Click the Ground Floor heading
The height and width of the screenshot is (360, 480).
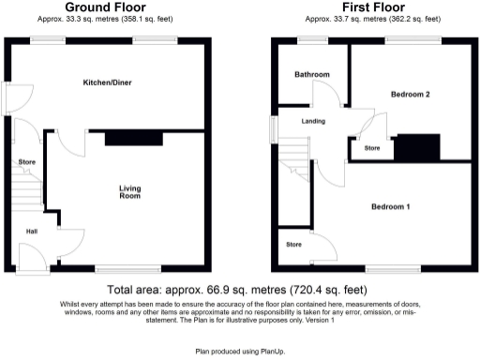(x=103, y=7)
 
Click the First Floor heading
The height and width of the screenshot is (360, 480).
(x=367, y=7)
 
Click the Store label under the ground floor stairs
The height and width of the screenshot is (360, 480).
(x=25, y=162)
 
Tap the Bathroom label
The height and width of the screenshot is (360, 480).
(x=311, y=74)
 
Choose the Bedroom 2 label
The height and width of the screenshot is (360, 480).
(x=411, y=95)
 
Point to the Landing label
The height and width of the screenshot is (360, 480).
(x=312, y=122)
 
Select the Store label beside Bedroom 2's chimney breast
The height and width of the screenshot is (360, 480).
(x=371, y=148)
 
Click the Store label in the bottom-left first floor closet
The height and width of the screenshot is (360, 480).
(x=294, y=245)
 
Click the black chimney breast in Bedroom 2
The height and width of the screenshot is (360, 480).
(x=416, y=148)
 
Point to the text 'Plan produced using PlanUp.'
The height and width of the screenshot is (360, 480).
(x=240, y=351)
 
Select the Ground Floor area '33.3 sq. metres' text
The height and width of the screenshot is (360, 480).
(x=103, y=18)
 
